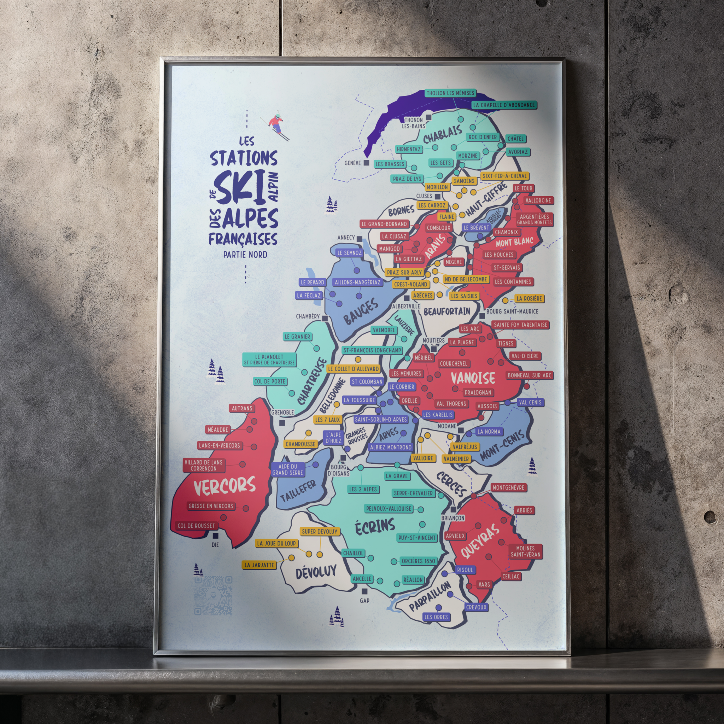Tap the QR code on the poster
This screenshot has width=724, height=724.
tap(214, 595)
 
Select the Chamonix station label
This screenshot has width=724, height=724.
tap(506, 232)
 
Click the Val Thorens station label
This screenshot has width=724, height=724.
tap(451, 404)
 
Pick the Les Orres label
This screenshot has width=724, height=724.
tap(436, 617)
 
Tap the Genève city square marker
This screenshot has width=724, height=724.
tap(366, 163)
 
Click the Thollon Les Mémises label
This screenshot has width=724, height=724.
tap(450, 93)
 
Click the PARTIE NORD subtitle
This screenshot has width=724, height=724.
tap(245, 255)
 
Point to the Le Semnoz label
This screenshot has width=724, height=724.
tap(349, 253)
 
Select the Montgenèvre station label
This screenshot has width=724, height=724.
tap(508, 487)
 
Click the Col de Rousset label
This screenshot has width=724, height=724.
tap(196, 526)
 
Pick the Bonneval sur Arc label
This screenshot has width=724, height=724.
tap(530, 375)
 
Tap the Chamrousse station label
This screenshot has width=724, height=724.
tap(300, 444)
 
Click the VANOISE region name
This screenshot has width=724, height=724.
tap(473, 378)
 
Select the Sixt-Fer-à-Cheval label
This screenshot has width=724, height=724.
tap(504, 176)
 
